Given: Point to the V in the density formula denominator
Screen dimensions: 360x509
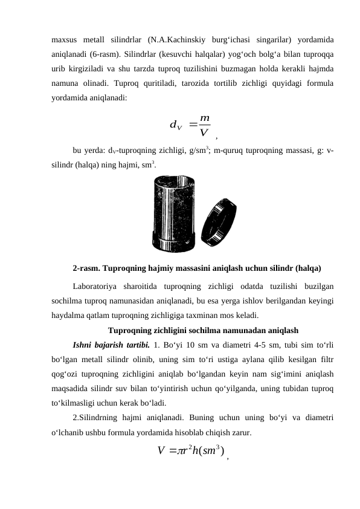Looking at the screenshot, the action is coord(204,133).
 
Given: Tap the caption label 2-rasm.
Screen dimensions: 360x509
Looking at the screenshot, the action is coord(88,267).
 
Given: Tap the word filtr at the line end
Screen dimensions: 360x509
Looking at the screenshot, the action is coord(327,360).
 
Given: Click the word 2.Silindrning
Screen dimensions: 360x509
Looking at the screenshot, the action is coord(98,418).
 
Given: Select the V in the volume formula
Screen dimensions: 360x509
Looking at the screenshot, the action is coord(161,451).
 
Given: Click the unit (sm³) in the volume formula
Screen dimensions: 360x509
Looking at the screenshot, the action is coord(212,451).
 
